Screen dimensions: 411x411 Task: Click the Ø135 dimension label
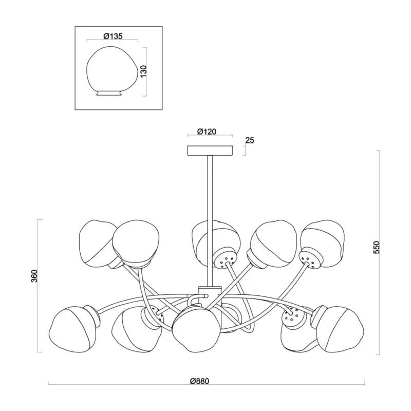[x=113, y=36]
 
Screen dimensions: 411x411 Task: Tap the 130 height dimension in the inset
[x=144, y=71]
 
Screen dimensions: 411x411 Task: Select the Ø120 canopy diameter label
[x=207, y=132]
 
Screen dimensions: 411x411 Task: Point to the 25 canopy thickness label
[x=250, y=140]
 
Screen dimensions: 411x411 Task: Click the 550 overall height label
[x=377, y=248]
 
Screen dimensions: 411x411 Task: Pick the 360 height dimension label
[x=34, y=276]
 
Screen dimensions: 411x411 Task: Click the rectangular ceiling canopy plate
[x=210, y=151]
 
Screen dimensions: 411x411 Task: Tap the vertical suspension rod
[x=210, y=220]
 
